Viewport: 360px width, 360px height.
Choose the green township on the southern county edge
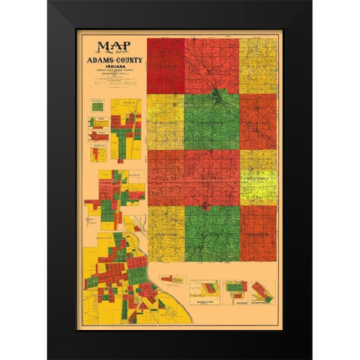[212, 232]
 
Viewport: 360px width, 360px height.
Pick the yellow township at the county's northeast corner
[257, 65]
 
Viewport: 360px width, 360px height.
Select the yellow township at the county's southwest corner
[166, 232]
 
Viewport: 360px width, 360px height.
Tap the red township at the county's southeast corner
[257, 232]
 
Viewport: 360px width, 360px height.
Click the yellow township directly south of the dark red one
[165, 121]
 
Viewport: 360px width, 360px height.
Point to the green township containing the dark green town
[212, 120]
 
